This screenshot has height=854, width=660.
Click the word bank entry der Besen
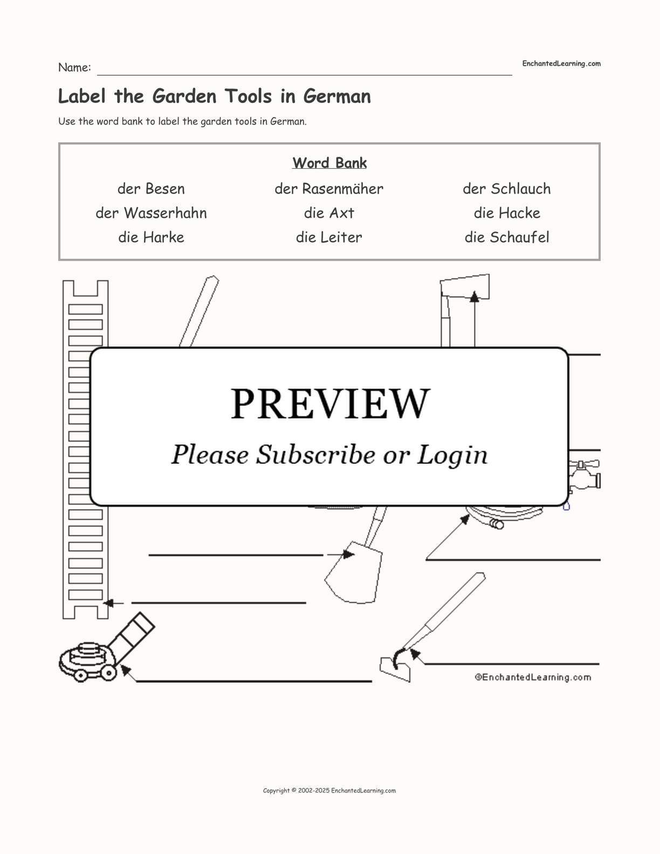151,189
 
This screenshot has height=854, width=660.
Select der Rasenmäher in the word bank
329,189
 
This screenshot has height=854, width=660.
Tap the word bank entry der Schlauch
506,189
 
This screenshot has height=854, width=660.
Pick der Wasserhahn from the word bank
151,213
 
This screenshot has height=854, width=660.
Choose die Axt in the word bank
329,213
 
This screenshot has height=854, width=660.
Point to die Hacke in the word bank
507,213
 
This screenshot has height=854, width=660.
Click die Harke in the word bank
151,237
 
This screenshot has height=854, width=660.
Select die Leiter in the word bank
329,237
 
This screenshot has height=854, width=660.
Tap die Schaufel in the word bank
507,237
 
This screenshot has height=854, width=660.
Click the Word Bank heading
329,163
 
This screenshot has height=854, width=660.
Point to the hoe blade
395,668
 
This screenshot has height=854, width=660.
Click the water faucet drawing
585,477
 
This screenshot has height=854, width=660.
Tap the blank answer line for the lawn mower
253,680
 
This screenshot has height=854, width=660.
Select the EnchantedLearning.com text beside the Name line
561,64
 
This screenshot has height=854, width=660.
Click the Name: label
74,67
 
